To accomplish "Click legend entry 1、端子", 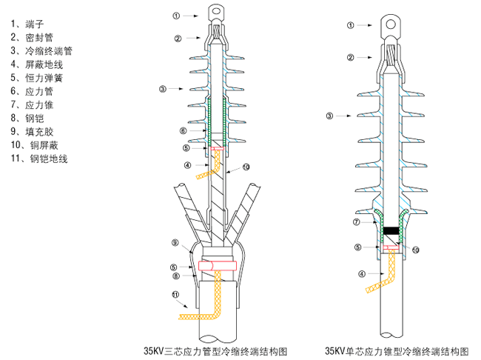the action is [x=27, y=24].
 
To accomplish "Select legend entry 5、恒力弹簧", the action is [x=36, y=78].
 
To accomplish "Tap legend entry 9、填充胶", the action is [x=32, y=132].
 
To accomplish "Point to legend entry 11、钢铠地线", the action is [x=39, y=159].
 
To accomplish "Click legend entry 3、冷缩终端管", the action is [x=41, y=50].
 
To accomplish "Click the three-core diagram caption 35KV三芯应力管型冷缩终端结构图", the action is [x=215, y=351].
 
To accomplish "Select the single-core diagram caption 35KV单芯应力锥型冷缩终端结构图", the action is [x=397, y=351].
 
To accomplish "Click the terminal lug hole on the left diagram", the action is [x=216, y=11].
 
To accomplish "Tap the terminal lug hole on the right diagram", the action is [x=391, y=24].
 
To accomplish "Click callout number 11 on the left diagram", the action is [x=175, y=295].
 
